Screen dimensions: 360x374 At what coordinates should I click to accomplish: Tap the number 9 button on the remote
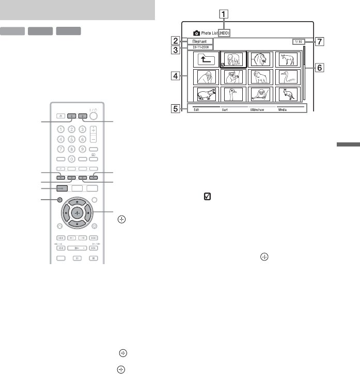point(83,149)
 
